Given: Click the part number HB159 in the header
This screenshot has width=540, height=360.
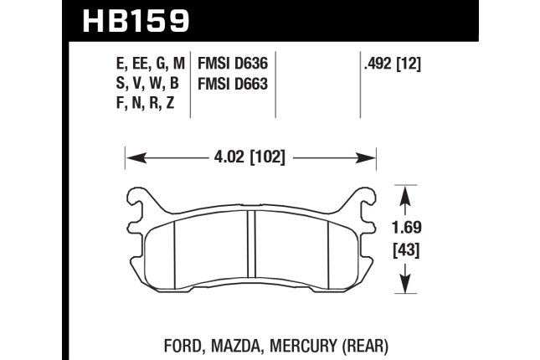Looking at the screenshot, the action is pyautogui.click(x=136, y=21).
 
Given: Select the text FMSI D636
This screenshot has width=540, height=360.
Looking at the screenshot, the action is pyautogui.click(x=233, y=64).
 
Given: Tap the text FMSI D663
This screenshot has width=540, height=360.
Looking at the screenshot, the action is pyautogui.click(x=233, y=84).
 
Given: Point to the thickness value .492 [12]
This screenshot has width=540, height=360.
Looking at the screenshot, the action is pyautogui.click(x=393, y=64).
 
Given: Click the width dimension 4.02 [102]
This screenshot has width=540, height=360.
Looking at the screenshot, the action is pyautogui.click(x=249, y=157).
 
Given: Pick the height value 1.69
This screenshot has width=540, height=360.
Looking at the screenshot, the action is pyautogui.click(x=407, y=228).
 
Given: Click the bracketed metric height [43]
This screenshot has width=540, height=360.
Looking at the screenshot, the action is pyautogui.click(x=407, y=249).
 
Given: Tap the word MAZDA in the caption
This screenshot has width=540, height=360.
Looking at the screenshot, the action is pyautogui.click(x=237, y=346).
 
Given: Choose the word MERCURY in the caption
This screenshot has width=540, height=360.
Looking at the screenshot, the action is pyautogui.click(x=303, y=346).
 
